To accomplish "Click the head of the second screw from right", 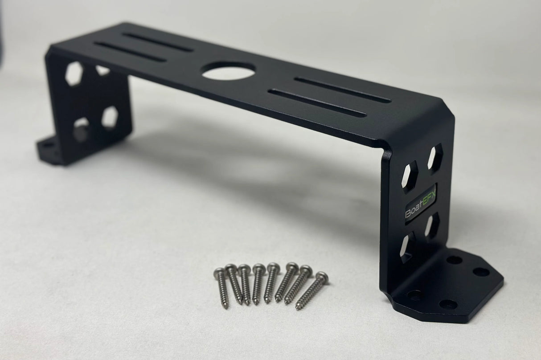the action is coord(306,270).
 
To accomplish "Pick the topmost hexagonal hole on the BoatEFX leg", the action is coord(435,157).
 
